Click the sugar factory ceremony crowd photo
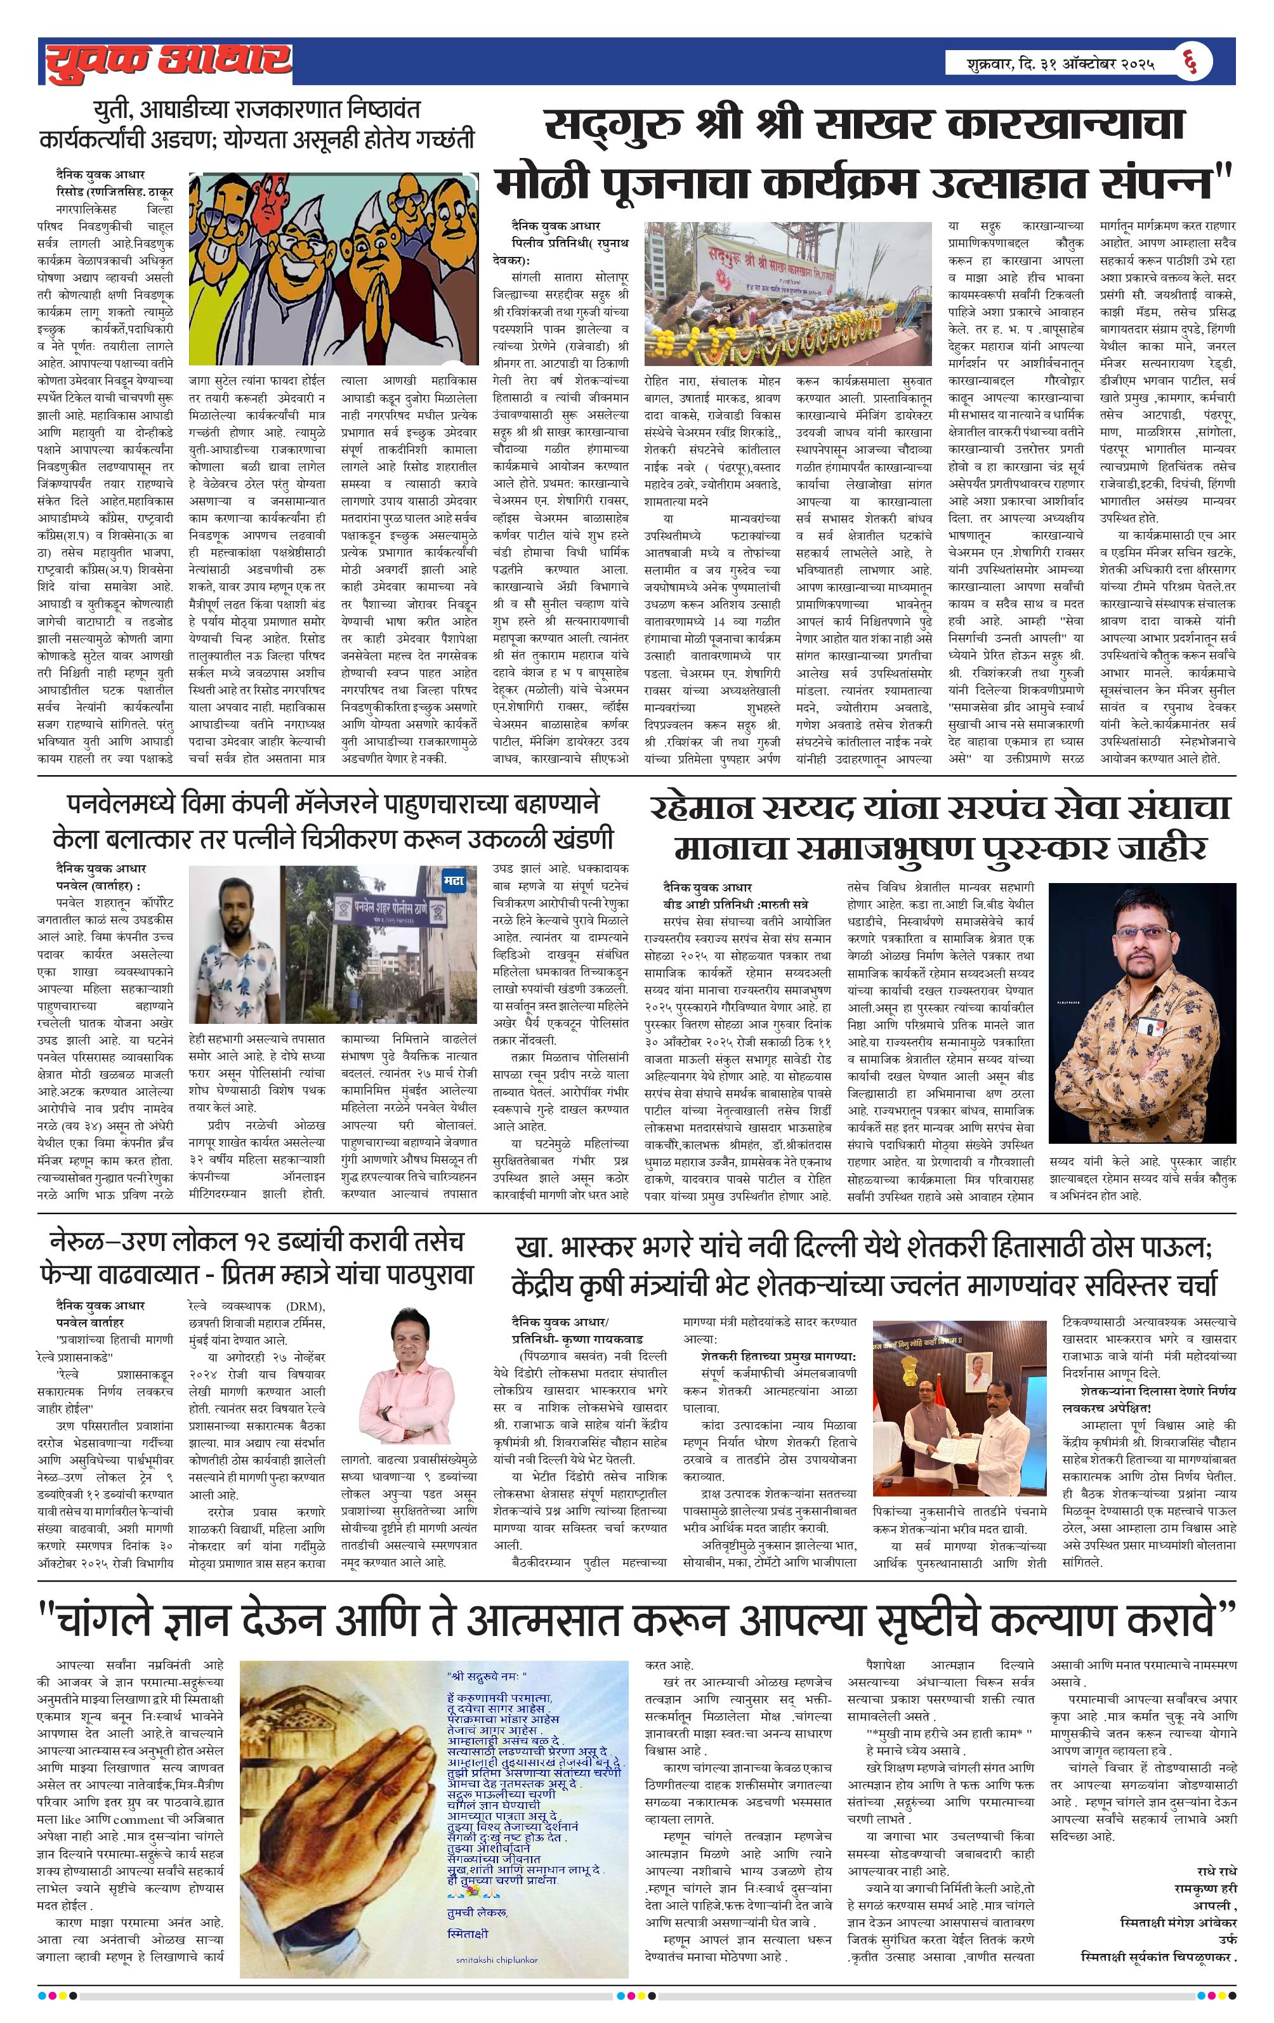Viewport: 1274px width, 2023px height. (787, 292)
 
